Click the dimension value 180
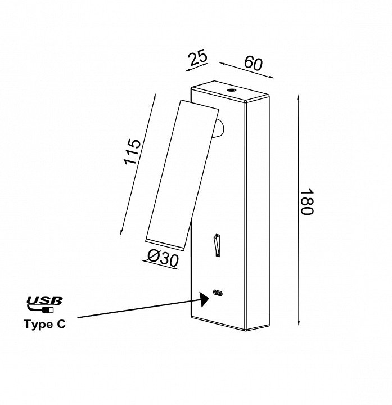coord(306,202)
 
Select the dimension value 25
coord(198,58)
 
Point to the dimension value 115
coord(132,151)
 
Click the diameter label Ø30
coord(163,259)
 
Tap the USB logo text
coord(44,301)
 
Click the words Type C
coord(44,324)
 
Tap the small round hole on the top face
coord(231,90)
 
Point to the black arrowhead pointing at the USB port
coord(202,299)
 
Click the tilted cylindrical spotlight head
coord(182,174)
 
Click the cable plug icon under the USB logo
coord(44,309)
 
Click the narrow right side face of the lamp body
coord(259,214)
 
